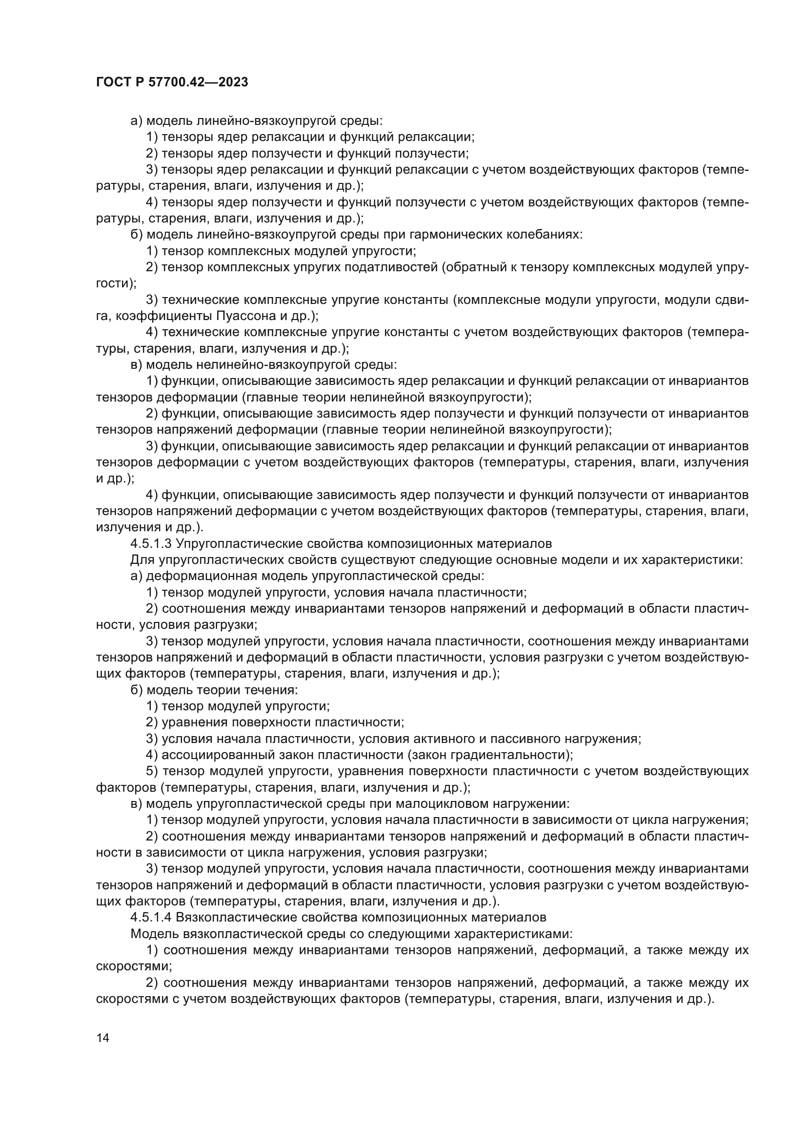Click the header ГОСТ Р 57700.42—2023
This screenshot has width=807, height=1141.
(x=171, y=82)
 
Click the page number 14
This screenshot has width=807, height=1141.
(x=102, y=1038)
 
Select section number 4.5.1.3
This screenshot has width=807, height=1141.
(x=151, y=543)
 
